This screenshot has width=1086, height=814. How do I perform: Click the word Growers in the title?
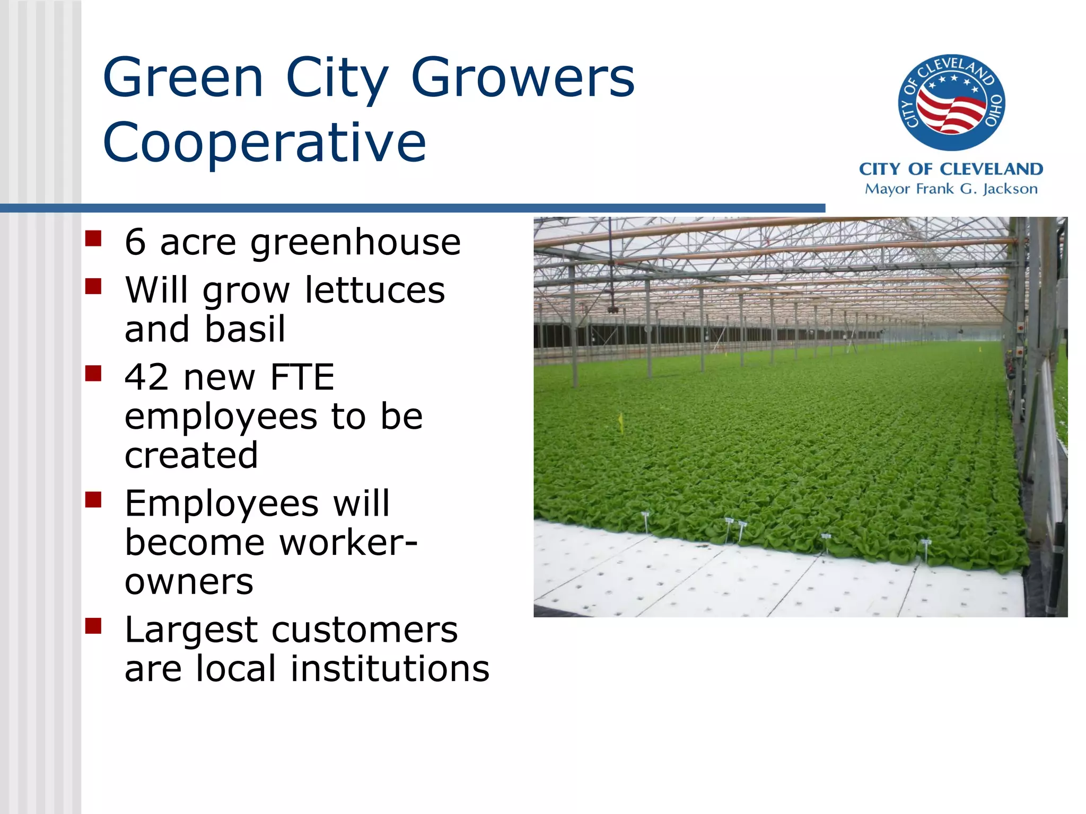tap(522, 78)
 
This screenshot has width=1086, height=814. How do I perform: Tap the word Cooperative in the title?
tap(264, 142)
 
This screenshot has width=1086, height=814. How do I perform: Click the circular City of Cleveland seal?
tap(951, 102)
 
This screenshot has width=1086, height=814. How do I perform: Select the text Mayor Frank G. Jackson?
tap(951, 189)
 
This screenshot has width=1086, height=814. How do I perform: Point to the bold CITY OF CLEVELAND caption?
tap(951, 169)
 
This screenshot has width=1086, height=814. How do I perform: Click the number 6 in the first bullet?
tap(135, 242)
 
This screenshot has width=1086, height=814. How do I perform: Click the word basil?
tap(245, 329)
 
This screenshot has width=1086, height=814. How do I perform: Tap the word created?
tap(191, 455)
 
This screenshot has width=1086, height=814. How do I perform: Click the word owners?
tap(189, 582)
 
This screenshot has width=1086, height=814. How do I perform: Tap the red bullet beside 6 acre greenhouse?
tap(93, 238)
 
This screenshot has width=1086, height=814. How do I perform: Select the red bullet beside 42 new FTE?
tap(93, 374)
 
